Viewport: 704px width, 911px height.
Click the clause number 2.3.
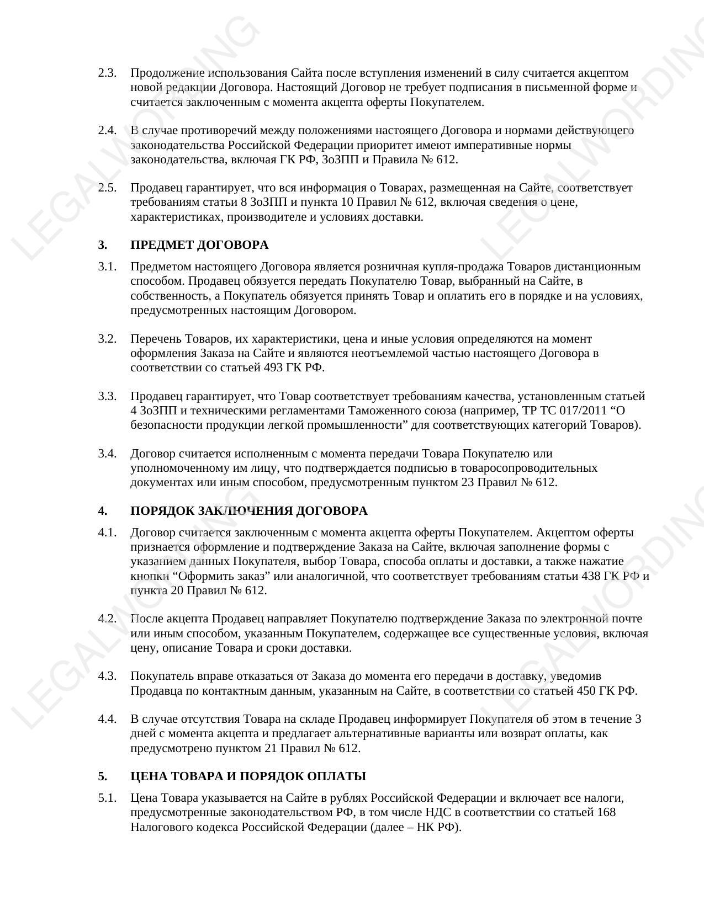107,73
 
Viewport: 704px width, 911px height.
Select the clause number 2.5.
107,188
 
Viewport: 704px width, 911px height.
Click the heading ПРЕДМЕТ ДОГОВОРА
199,245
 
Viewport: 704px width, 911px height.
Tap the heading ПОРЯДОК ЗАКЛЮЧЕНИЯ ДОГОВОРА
248,511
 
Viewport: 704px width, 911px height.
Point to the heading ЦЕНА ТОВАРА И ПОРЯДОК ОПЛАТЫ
248,776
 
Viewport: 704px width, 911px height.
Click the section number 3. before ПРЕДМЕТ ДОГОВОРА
102,245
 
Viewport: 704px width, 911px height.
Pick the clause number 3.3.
107,396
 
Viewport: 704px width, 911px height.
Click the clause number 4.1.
107,532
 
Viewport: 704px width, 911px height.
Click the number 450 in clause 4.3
586,691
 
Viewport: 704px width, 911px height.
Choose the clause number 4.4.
107,719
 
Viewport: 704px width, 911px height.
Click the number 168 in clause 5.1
606,812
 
